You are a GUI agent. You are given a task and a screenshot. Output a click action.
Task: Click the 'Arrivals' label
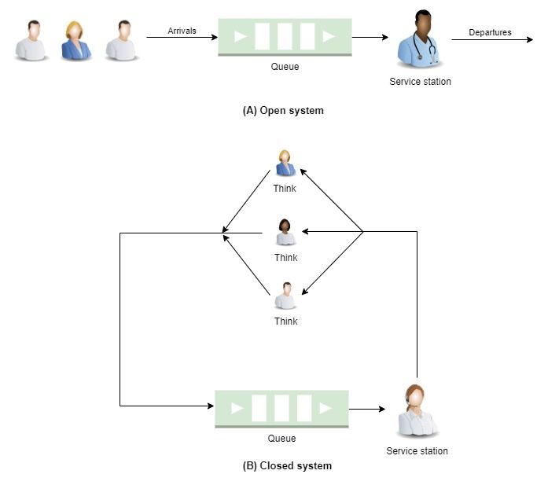click(x=182, y=31)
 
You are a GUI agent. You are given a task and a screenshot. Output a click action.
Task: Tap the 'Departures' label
click(x=490, y=32)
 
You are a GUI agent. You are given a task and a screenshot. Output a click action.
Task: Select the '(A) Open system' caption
click(x=283, y=111)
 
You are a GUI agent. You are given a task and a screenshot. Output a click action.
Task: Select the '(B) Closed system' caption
click(x=287, y=465)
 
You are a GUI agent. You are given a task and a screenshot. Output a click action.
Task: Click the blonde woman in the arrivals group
click(x=77, y=40)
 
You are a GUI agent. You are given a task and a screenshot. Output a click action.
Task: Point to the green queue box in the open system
click(x=285, y=37)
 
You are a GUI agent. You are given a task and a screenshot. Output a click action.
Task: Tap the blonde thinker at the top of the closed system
click(x=285, y=164)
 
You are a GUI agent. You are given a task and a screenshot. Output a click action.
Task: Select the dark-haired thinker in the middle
click(x=285, y=233)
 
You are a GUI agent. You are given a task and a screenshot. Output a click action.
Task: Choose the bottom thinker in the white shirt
click(x=285, y=296)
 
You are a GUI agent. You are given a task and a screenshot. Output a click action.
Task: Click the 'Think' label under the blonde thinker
click(x=285, y=189)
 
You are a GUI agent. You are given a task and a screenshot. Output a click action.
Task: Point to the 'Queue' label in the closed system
click(x=281, y=439)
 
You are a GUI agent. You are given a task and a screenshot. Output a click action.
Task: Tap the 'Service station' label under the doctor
click(x=420, y=82)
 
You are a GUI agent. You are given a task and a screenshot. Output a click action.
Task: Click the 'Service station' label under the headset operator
click(x=417, y=451)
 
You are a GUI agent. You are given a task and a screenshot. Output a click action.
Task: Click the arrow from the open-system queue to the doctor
click(x=370, y=37)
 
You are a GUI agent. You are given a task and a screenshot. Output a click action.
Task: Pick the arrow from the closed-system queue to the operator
click(x=367, y=409)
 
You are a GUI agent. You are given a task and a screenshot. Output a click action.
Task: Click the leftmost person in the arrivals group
click(x=31, y=40)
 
